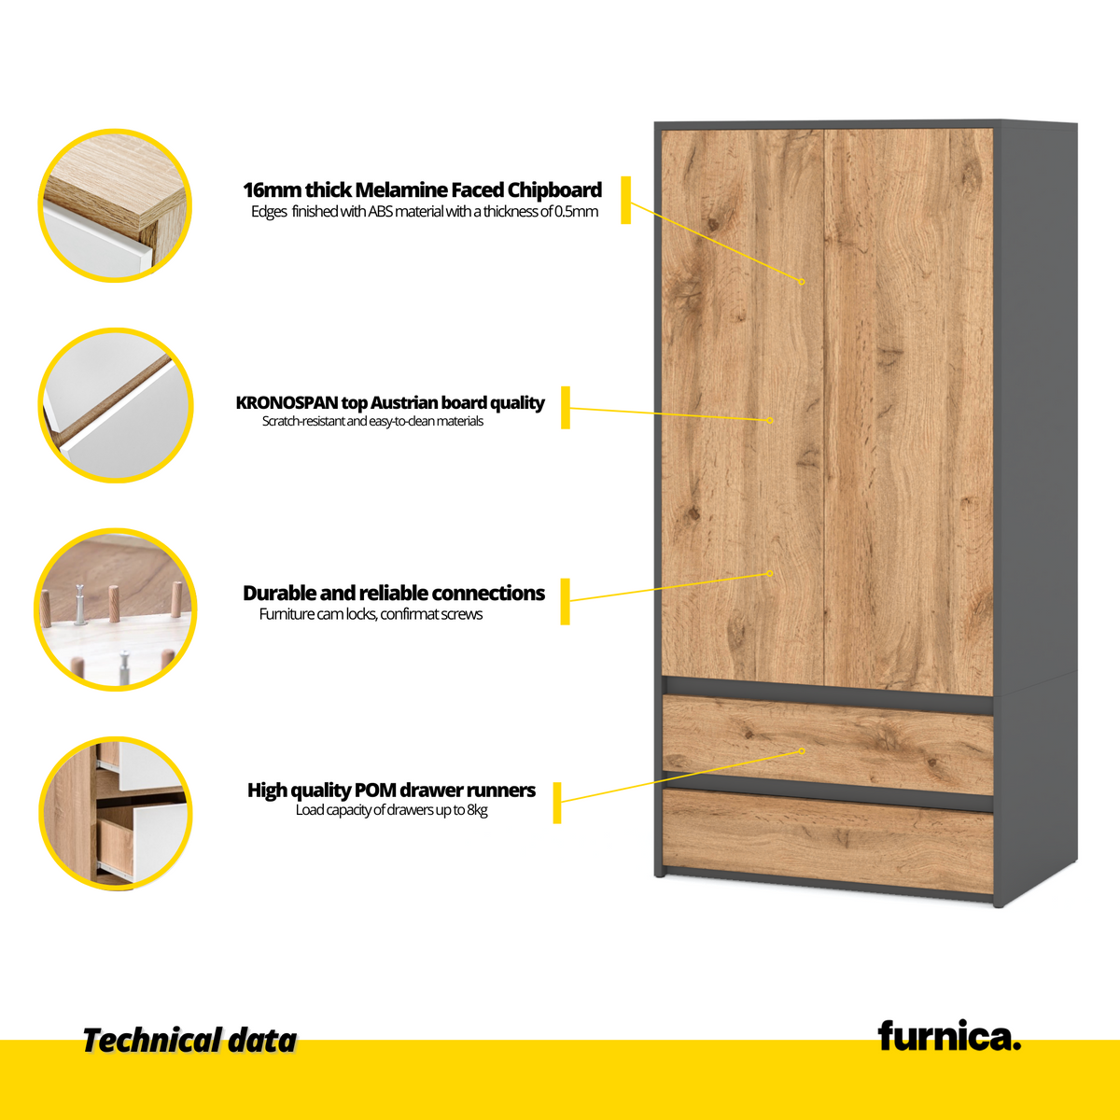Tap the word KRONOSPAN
point(287,403)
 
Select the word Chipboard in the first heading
point(554,190)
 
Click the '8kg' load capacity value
point(477,809)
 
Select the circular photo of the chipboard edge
point(115,205)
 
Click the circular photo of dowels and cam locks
point(115,609)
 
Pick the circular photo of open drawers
point(115,813)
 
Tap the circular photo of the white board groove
point(115,405)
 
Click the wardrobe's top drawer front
point(828,745)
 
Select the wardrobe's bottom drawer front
point(828,841)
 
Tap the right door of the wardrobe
point(909,413)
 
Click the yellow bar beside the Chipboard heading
point(626,200)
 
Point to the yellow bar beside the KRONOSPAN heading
point(566,408)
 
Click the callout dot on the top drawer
point(802,751)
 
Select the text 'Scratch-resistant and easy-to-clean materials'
point(372,421)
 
